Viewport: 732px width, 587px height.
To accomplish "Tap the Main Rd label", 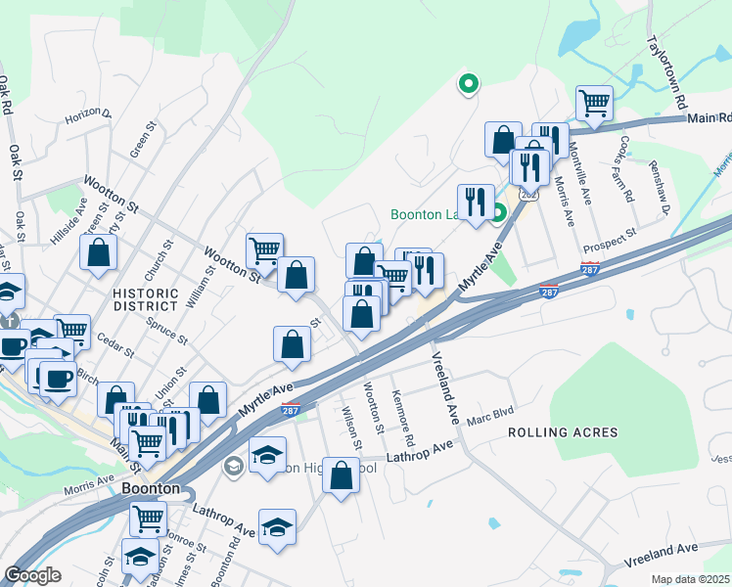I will (708, 118).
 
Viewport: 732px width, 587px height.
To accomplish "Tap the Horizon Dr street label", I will (89, 117).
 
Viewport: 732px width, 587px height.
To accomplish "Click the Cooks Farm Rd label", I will (626, 167).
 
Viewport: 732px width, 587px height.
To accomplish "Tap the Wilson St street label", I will (350, 429).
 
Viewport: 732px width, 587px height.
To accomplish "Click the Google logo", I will (33, 574).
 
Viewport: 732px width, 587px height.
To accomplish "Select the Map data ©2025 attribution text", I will (691, 579).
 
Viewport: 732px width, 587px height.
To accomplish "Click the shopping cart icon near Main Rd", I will (593, 101).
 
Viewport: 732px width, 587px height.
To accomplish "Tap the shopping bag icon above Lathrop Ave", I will (341, 475).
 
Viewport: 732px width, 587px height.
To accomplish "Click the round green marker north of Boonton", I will (468, 84).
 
